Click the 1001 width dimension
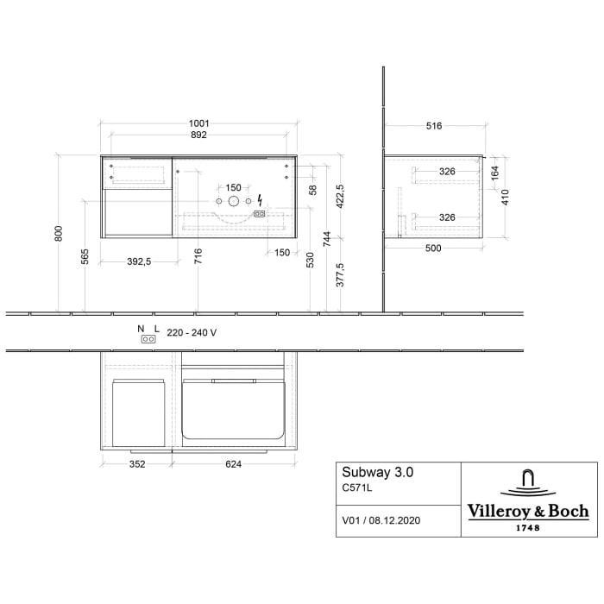[198, 123]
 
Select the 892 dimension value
[198, 135]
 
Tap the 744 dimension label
[325, 238]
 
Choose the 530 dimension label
[311, 259]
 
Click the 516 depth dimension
[433, 126]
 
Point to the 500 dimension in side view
[433, 249]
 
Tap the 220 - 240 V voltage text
[192, 332]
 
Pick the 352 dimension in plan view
[137, 464]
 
